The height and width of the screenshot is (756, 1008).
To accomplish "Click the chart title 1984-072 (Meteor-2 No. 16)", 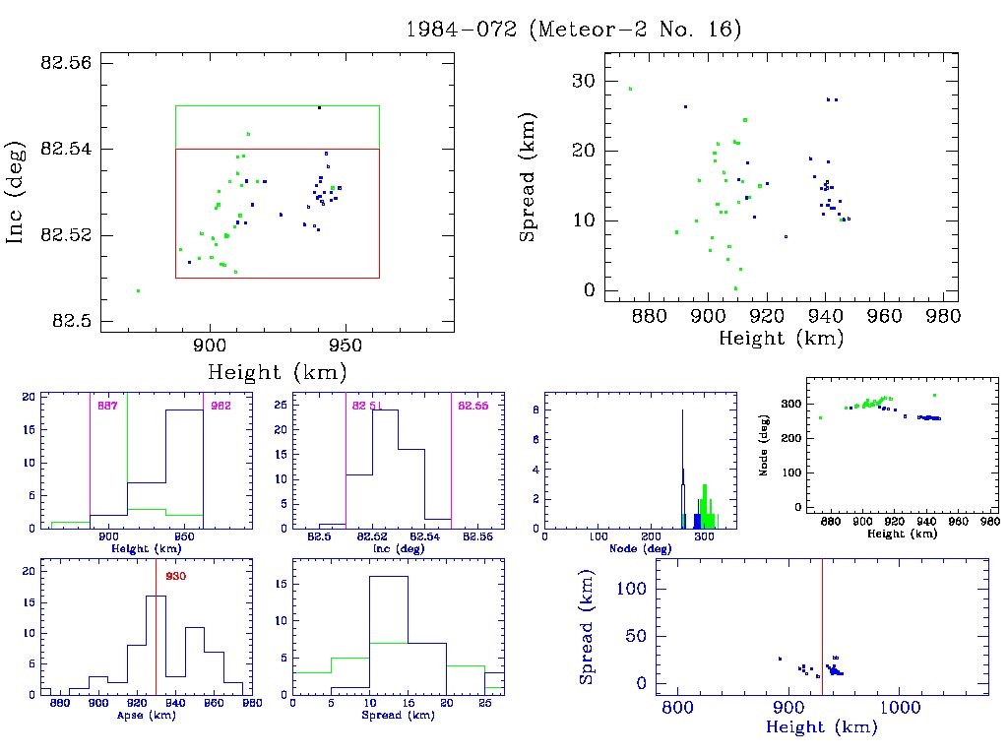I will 573,30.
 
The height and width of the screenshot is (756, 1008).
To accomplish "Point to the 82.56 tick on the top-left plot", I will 65,62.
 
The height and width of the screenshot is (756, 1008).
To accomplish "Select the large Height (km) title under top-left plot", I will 277,373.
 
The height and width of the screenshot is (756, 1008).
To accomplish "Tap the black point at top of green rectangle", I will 319,107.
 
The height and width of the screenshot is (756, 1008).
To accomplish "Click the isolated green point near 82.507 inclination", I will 138,290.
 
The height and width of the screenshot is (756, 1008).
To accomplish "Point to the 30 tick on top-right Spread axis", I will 584,81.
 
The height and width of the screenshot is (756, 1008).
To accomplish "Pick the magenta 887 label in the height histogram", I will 105,405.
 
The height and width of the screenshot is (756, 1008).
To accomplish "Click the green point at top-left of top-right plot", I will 630,89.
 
